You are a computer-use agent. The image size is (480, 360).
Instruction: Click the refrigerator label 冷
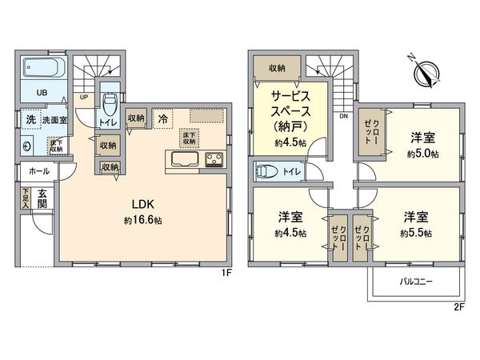[162, 118]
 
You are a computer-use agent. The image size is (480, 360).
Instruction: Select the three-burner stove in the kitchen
[214, 157]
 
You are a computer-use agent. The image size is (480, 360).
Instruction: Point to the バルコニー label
[416, 282]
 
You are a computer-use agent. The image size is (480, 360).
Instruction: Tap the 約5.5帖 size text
[417, 233]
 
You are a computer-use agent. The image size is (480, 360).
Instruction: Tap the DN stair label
[343, 117]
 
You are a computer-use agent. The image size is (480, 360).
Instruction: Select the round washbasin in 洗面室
[27, 146]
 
